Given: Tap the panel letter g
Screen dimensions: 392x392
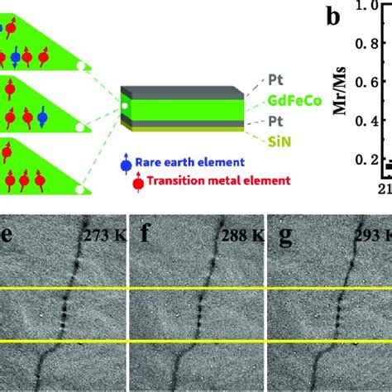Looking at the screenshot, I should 284,229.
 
